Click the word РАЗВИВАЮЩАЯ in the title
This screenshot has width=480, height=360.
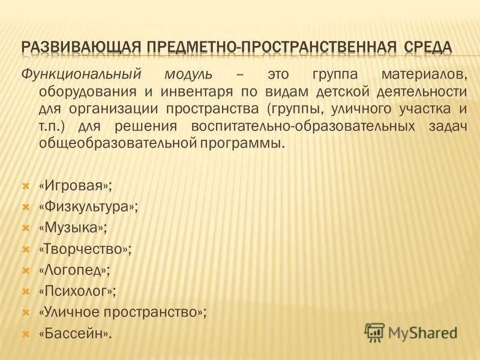point(81,47)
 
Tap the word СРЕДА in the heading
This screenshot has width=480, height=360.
point(428,47)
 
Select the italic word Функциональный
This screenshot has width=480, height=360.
point(81,74)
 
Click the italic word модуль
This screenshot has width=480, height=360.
point(188,75)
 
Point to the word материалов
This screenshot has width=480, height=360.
point(424,75)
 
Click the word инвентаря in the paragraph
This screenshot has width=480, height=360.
point(197,92)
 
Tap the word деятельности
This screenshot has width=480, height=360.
point(422,92)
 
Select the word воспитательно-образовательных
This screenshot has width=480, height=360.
point(303,126)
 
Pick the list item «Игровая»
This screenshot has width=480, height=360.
point(76,186)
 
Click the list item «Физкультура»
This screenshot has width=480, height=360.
point(88,206)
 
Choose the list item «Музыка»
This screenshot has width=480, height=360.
point(73,228)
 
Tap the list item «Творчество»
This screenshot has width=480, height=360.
point(85,249)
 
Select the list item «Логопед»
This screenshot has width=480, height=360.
point(74,270)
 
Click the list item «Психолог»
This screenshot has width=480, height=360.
point(78,291)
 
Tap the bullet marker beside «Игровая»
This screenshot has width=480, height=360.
point(26,186)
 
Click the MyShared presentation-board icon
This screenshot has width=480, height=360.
point(374,332)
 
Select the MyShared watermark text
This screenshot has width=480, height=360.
point(423,333)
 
